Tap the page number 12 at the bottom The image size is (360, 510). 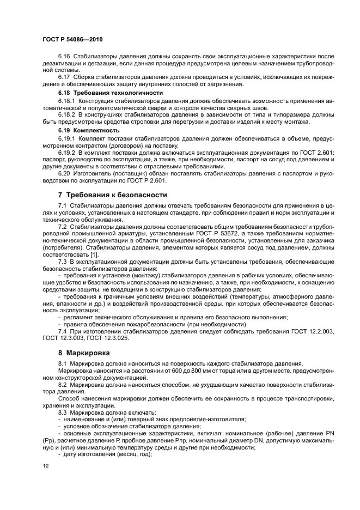[45, 466]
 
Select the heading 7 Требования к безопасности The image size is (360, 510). [112, 195]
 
